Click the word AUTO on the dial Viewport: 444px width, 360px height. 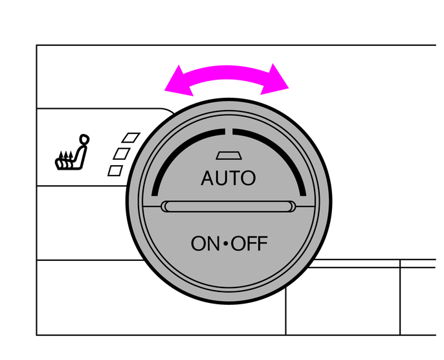point(228,178)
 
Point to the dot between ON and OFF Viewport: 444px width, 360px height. point(226,244)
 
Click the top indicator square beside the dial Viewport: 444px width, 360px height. point(132,137)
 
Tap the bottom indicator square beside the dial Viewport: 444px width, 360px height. point(115,170)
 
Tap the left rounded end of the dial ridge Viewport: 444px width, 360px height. point(166,207)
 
